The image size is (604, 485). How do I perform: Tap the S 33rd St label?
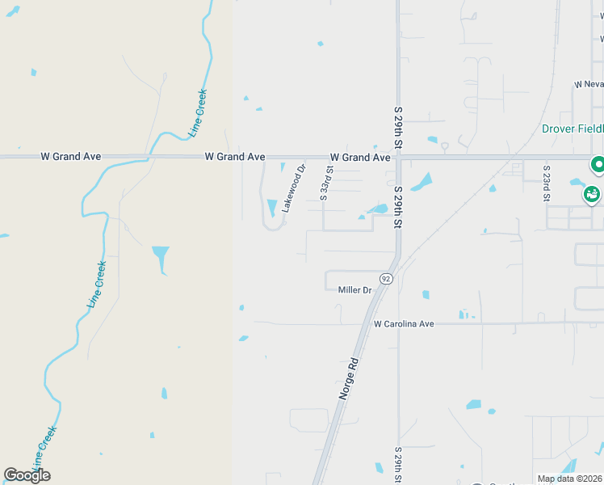coord(325,183)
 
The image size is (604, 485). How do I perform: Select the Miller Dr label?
coord(354,290)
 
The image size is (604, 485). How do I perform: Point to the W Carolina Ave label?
coord(404,324)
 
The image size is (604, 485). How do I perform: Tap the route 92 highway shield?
coord(386,279)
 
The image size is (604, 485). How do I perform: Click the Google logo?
coord(27,474)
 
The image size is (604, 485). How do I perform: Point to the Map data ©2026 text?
coord(568,479)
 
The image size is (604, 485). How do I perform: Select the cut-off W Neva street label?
coord(589,84)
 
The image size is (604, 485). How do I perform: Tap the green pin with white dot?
coord(598,165)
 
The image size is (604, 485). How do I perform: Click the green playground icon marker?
coord(592,195)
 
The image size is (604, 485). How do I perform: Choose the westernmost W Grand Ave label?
coord(70,156)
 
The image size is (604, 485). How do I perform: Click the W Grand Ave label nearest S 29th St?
coord(359,157)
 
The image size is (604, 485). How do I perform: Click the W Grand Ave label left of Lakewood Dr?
coord(235,156)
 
